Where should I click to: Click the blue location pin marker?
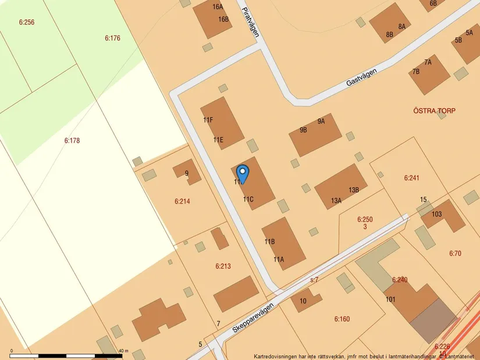243,172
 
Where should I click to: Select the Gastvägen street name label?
361,77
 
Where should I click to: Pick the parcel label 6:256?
27,23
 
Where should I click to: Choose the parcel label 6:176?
112,38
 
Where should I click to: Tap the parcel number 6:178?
72,140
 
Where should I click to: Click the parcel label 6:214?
182,201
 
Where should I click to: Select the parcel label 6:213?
223,266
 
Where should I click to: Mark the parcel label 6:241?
411,178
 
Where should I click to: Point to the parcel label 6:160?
342,319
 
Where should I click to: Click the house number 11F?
208,120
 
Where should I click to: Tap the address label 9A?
321,122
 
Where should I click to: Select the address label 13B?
354,190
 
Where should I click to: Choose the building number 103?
436,214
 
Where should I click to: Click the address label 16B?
223,19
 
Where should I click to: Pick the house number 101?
390,300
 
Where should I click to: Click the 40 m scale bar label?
123,351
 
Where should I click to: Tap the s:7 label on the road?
314,280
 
